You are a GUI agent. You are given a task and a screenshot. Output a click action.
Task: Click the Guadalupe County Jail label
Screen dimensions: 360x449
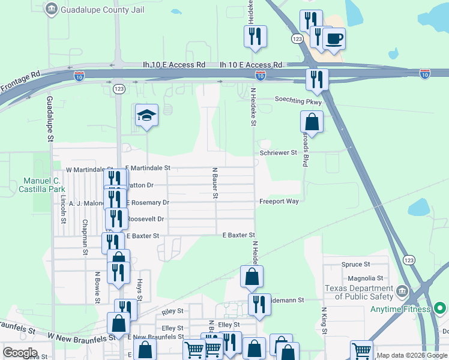96,10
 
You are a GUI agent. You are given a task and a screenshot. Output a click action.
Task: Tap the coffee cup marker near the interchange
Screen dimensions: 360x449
334,40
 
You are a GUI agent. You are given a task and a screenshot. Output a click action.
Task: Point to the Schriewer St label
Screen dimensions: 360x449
279,153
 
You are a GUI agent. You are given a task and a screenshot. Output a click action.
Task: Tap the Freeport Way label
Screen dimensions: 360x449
279,202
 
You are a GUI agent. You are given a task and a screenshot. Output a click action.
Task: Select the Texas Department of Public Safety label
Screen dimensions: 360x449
359,292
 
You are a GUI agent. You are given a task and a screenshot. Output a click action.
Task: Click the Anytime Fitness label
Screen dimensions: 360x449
400,309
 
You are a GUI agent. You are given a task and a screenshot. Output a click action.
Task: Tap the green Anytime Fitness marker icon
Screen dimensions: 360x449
440,309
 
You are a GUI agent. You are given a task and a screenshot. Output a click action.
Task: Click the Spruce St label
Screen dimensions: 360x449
355,264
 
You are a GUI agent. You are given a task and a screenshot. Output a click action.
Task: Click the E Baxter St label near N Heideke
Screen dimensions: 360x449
239,236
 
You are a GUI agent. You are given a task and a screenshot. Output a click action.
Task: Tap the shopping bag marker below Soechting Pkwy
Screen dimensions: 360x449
312,122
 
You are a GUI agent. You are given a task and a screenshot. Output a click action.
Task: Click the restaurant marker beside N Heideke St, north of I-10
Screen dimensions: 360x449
255,37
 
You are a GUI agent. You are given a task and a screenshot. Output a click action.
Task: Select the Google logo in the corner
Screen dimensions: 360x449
19,353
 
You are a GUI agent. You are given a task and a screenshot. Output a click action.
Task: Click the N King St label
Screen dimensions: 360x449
324,321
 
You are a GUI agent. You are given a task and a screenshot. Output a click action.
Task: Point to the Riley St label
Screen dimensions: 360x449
172,313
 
